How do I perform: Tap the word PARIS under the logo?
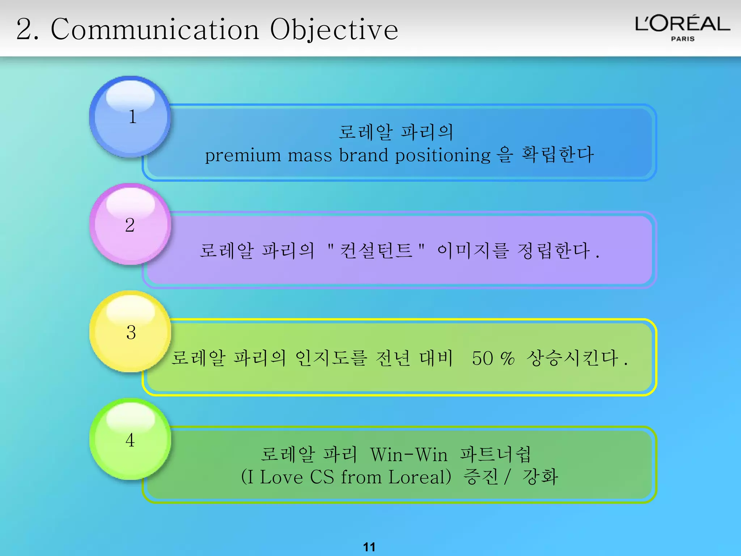coord(683,39)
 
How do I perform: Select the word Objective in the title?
coord(334,30)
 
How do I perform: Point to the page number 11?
coord(369,547)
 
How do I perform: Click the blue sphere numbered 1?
coord(130,117)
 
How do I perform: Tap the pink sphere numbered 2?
coord(130,224)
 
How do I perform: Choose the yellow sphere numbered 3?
coord(130,332)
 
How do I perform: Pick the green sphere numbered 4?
coord(130,439)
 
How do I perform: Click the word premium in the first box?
coord(243,156)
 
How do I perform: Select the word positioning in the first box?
coord(443,156)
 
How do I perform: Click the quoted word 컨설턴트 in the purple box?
coord(376,250)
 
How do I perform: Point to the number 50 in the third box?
coord(482,358)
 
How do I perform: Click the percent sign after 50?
coord(508,358)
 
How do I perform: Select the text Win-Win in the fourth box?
coord(409,455)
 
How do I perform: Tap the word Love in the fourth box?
coord(281,477)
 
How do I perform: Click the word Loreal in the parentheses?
coord(420,477)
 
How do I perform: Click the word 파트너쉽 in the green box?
coord(496,455)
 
